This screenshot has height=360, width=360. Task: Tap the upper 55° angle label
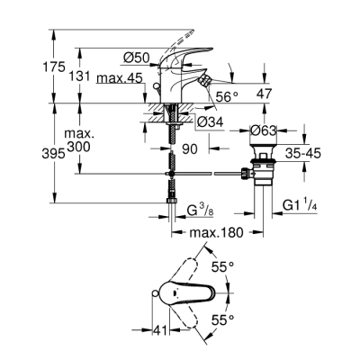pos(223,267)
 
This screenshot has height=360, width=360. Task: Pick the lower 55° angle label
pos(223,319)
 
